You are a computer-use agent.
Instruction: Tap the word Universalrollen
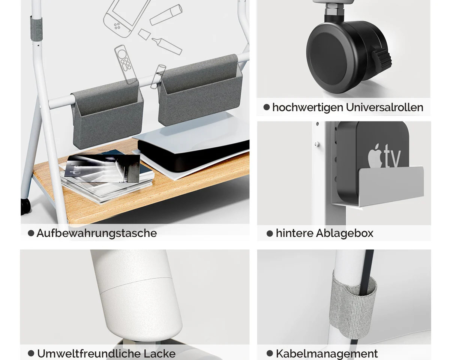pyautogui.click(x=384, y=108)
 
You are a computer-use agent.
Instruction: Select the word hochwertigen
pyautogui.click(x=308, y=108)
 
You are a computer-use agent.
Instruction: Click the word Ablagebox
pyautogui.click(x=345, y=233)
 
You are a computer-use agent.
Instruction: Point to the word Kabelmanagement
pyautogui.click(x=327, y=354)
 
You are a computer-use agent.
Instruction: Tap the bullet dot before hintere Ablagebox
pyautogui.click(x=270, y=234)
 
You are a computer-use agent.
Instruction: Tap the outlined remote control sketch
pyautogui.click(x=125, y=64)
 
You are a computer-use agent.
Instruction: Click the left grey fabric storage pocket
pyautogui.click(x=108, y=113)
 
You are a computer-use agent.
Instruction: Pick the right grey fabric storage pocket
pyautogui.click(x=200, y=90)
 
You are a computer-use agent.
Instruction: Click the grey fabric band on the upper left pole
pyautogui.click(x=36, y=28)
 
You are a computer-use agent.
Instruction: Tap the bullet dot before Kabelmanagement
pyautogui.click(x=270, y=353)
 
